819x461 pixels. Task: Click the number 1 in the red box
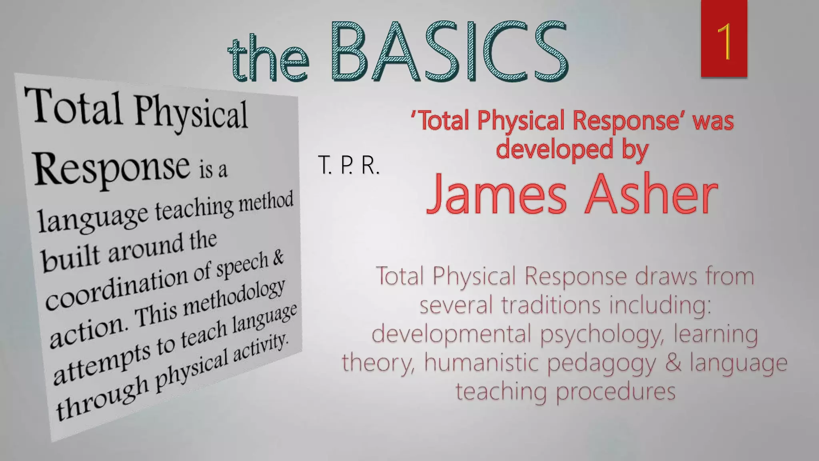[x=724, y=41]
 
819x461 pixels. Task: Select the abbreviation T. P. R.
[x=348, y=165]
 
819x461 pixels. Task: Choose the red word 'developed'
[x=554, y=149]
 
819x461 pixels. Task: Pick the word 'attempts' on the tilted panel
[x=102, y=362]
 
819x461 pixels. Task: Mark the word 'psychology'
[x=602, y=334]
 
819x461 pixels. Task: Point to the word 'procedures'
[x=615, y=391]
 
